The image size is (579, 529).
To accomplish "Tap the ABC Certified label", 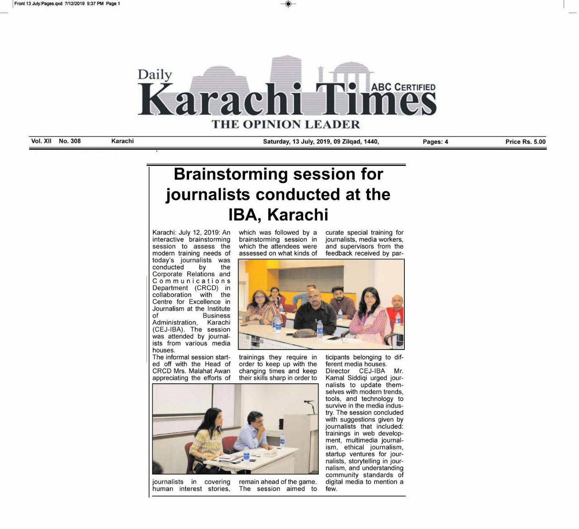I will coord(403,87).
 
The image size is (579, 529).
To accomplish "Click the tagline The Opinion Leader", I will coord(285,124).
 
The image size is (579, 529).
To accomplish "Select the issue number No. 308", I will coord(70,141).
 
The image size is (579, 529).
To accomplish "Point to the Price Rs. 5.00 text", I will coord(525,142).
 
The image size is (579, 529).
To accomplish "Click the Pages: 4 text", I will coord(435,142).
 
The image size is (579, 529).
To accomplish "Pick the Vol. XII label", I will coord(41,141).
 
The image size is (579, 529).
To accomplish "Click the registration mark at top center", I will coord(288,4).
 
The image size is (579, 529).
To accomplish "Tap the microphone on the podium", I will coord(309,402).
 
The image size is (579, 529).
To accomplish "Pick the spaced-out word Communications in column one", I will coord(191,281).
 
